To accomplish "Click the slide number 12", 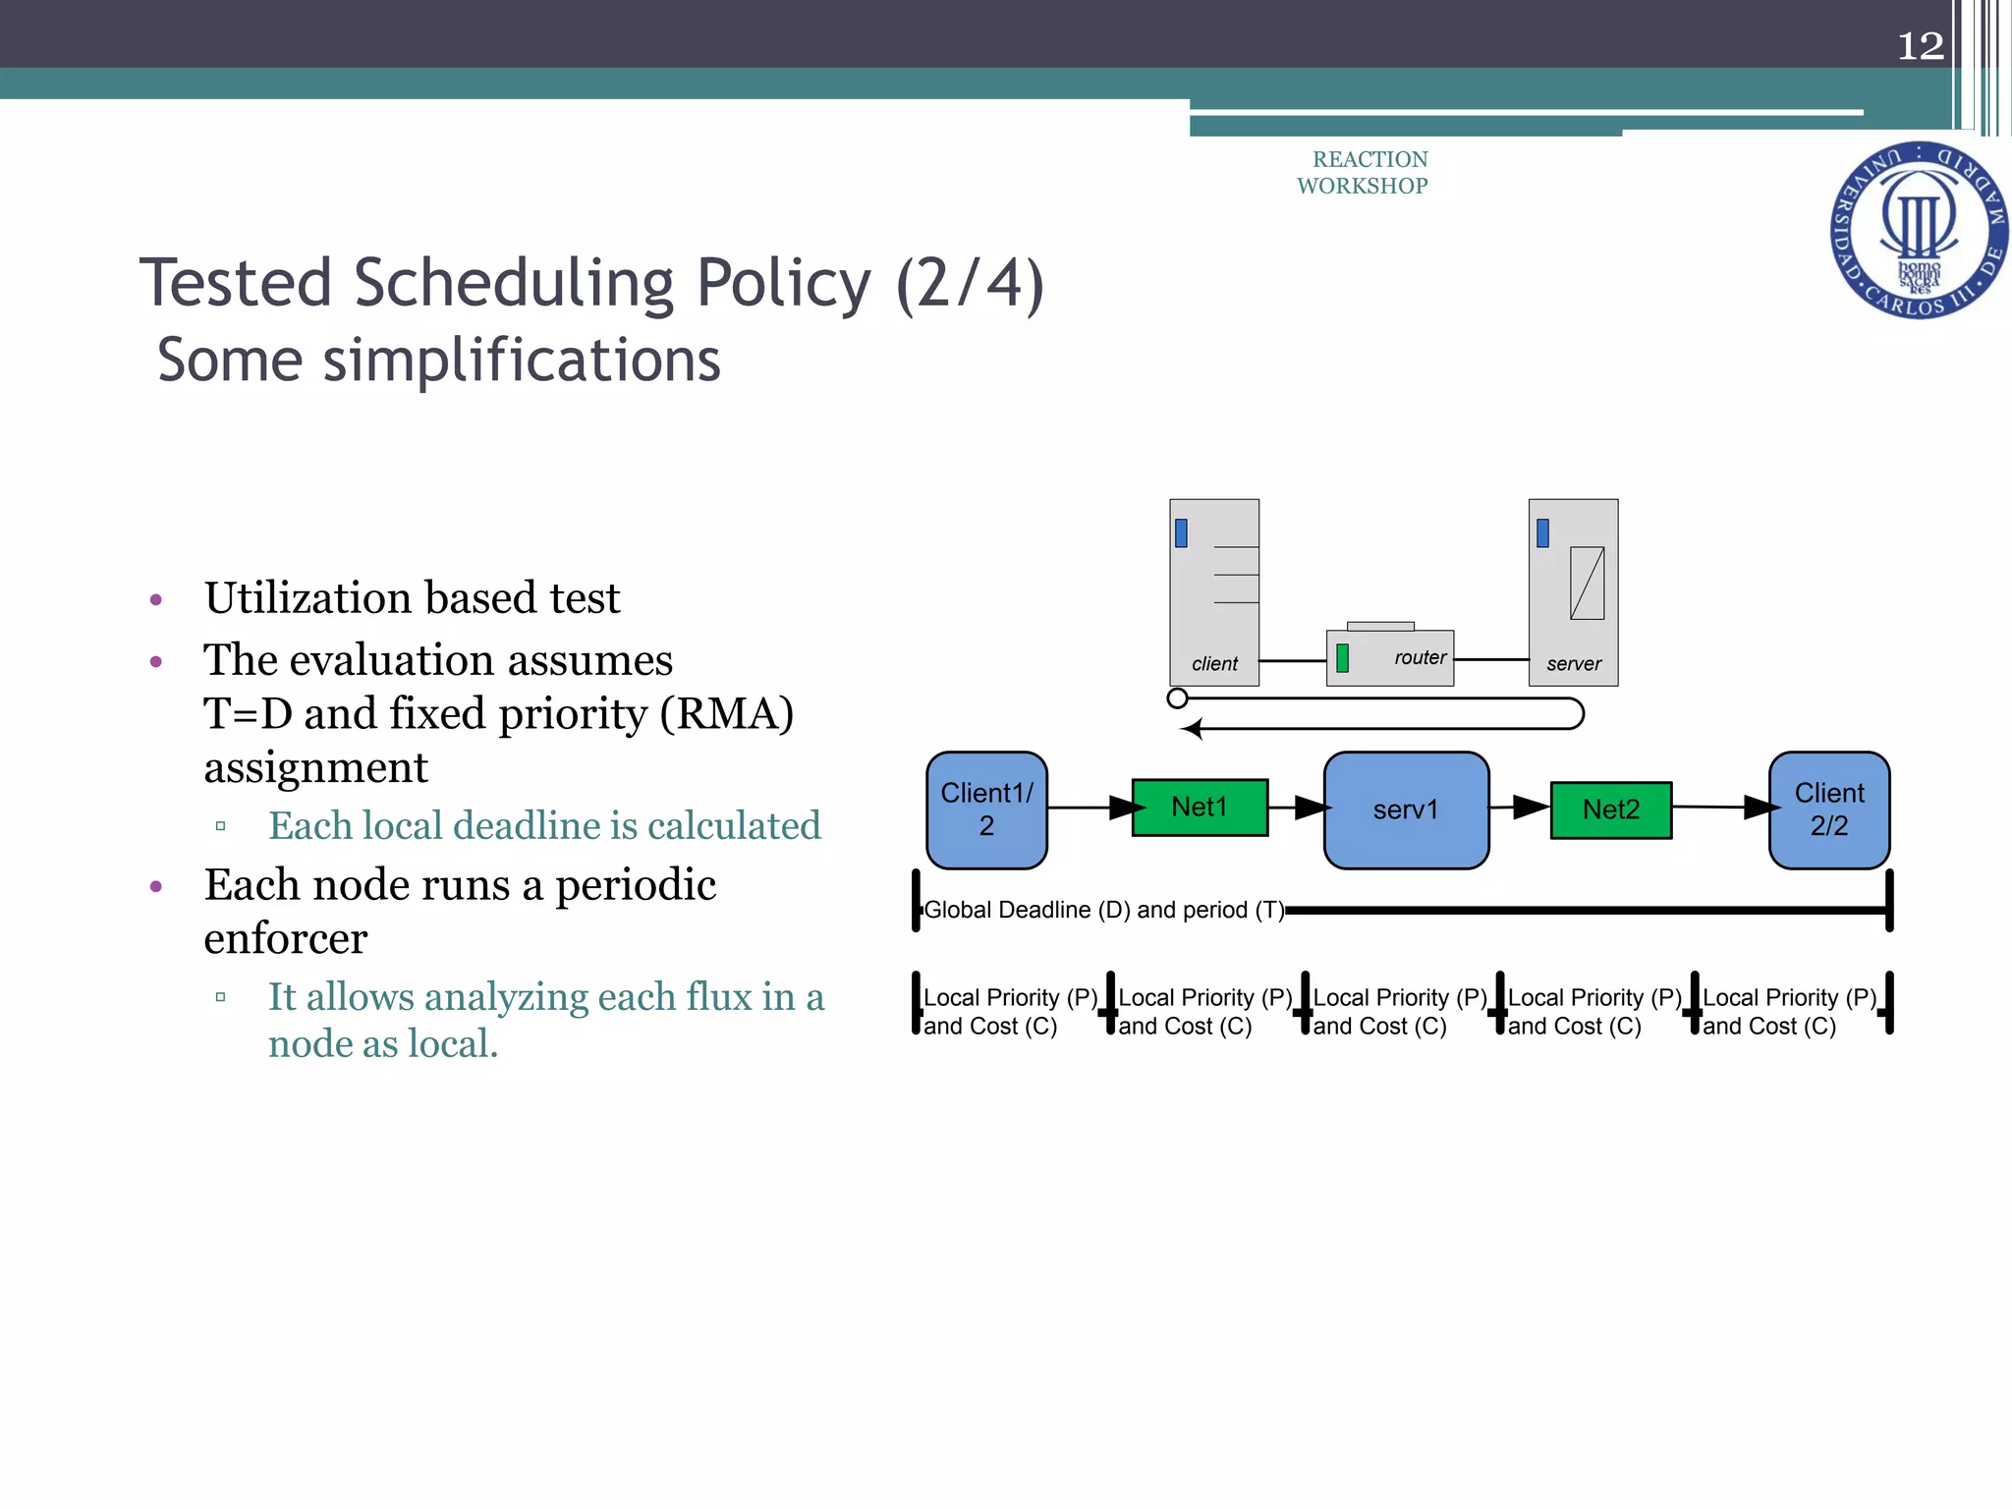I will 1920,46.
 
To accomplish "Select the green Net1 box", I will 1200,808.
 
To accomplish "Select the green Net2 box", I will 1610,810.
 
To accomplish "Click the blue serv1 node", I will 1406,810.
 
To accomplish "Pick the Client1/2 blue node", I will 986,810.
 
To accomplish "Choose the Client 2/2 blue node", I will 1828,810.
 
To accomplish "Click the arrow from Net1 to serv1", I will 1299,808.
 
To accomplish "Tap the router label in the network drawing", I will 1420,657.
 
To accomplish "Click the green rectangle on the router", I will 1342,657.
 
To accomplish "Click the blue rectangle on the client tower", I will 1181,532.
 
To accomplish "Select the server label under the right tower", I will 1573,664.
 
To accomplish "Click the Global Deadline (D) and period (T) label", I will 1103,910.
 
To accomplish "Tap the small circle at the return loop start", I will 1177,699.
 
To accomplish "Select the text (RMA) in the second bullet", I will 726,713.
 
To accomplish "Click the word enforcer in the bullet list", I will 285,938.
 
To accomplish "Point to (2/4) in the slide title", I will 969,283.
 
